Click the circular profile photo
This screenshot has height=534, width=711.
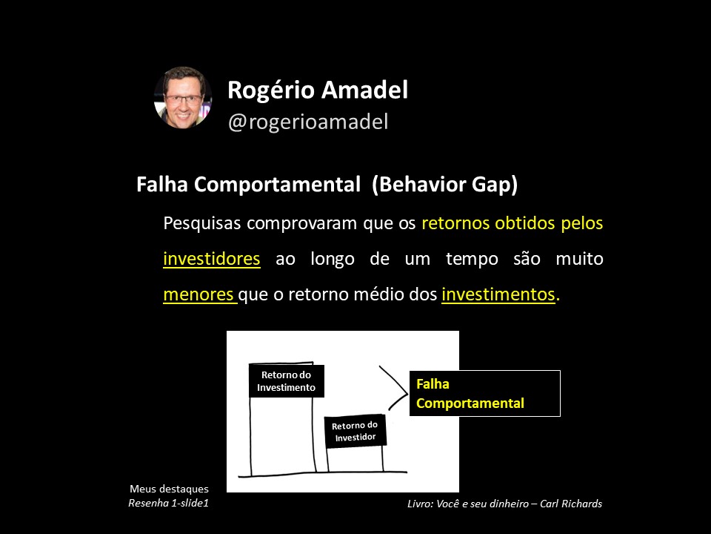pos(183,98)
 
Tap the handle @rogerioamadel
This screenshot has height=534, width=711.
pos(308,122)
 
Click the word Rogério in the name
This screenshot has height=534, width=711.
pos(271,90)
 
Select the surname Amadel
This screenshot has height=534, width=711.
pos(364,90)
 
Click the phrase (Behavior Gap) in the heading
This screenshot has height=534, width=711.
pos(444,185)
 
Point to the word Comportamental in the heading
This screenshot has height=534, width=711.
pos(277,185)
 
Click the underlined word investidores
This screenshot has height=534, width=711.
pos(212,258)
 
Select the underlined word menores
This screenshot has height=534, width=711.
pos(199,294)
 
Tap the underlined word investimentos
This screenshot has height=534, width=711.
pos(498,294)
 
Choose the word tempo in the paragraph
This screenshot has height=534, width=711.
pos(472,260)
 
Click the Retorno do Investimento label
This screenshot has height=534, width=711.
pos(286,381)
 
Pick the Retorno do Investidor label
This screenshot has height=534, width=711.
pos(355,432)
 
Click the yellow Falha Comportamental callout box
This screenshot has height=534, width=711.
pos(484,393)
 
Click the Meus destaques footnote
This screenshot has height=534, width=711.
pos(169,489)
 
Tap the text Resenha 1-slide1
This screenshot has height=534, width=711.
pos(168,503)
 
